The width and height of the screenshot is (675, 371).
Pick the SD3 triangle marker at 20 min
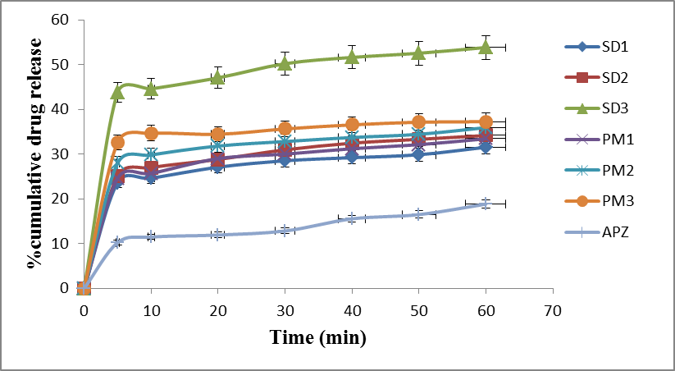[217, 77]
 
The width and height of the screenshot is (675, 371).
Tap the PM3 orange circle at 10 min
[151, 133]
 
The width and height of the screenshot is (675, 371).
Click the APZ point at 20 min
[217, 235]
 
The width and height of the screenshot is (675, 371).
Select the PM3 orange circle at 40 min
[352, 125]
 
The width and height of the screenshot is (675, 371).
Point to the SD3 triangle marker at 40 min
[352, 57]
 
